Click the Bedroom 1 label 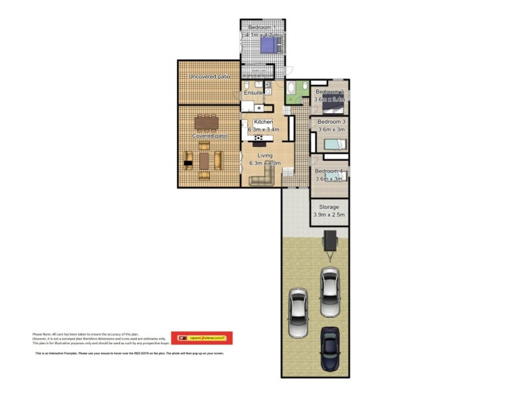(x=260, y=27)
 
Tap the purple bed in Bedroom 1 (x=269, y=45)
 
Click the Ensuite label (x=253, y=93)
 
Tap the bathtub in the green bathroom (x=292, y=89)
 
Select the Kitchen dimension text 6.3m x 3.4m (x=264, y=130)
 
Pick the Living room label (x=264, y=155)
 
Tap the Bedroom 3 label (x=331, y=122)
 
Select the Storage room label (x=330, y=207)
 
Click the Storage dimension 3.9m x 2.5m (x=330, y=216)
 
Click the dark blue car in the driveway (x=329, y=348)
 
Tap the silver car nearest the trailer (x=329, y=291)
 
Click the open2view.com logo (x=201, y=338)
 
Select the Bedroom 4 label (x=329, y=171)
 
